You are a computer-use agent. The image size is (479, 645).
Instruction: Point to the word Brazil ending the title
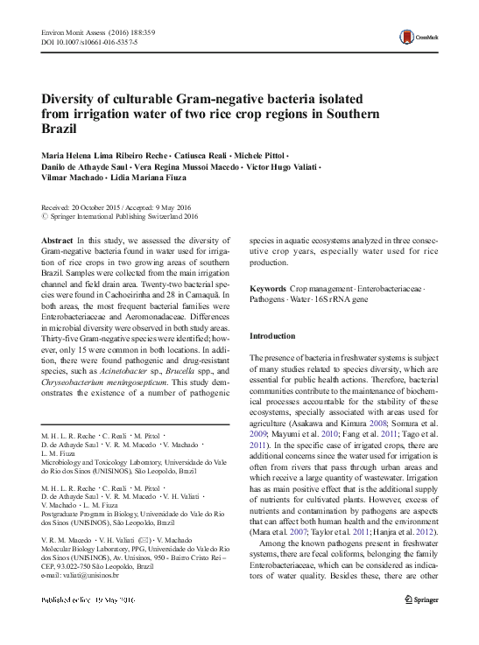pos(60,129)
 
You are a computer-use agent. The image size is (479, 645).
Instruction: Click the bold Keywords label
pos(271,288)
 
